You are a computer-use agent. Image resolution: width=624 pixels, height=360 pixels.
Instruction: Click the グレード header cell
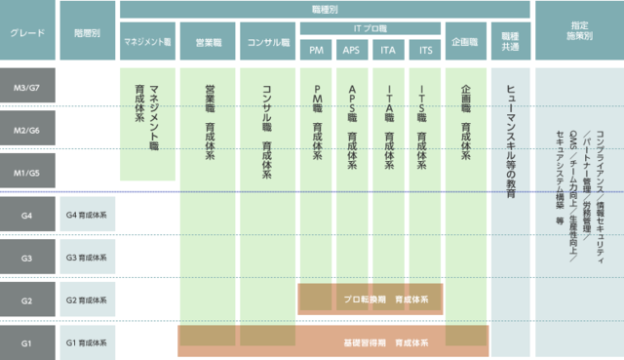pyautogui.click(x=27, y=32)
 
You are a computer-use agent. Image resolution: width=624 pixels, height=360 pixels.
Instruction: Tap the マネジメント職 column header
pyautogui.click(x=147, y=42)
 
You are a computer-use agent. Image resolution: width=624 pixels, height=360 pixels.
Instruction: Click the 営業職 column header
pyautogui.click(x=209, y=42)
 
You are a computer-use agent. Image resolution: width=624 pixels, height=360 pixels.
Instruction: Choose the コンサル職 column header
pyautogui.click(x=269, y=42)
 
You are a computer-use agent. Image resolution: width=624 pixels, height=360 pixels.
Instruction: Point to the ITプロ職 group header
pyautogui.click(x=369, y=28)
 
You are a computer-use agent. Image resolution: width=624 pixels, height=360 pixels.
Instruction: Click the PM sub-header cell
pyautogui.click(x=317, y=49)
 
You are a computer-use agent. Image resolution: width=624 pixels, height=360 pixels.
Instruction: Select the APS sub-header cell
pyautogui.click(x=353, y=49)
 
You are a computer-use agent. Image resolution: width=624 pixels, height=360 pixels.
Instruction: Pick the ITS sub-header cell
pyautogui.click(x=424, y=49)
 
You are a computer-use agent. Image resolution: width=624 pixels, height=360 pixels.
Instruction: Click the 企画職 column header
pyautogui.click(x=465, y=42)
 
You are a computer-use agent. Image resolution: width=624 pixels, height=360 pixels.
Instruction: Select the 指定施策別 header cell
pyautogui.click(x=579, y=32)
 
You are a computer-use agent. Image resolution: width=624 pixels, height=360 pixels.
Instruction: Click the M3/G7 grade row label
pyautogui.click(x=27, y=89)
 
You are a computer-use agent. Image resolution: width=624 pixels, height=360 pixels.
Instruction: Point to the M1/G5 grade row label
pyautogui.click(x=27, y=173)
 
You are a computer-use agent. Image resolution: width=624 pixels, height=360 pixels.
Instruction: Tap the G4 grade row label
pyautogui.click(x=27, y=215)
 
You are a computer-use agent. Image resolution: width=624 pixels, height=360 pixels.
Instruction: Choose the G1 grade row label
pyautogui.click(x=27, y=343)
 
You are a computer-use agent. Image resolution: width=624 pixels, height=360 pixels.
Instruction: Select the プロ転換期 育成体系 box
pyautogui.click(x=369, y=300)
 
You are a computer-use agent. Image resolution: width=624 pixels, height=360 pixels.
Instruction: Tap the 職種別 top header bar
pyautogui.click(x=325, y=8)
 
